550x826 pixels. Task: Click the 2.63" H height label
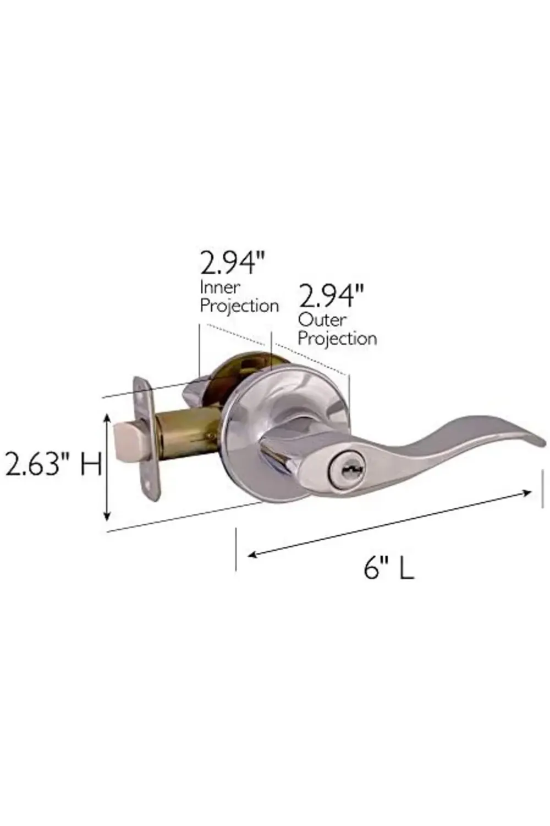tap(53, 465)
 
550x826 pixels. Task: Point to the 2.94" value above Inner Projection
tap(233, 263)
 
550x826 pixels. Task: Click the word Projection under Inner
tap(239, 306)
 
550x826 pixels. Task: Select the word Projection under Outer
tap(337, 339)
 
